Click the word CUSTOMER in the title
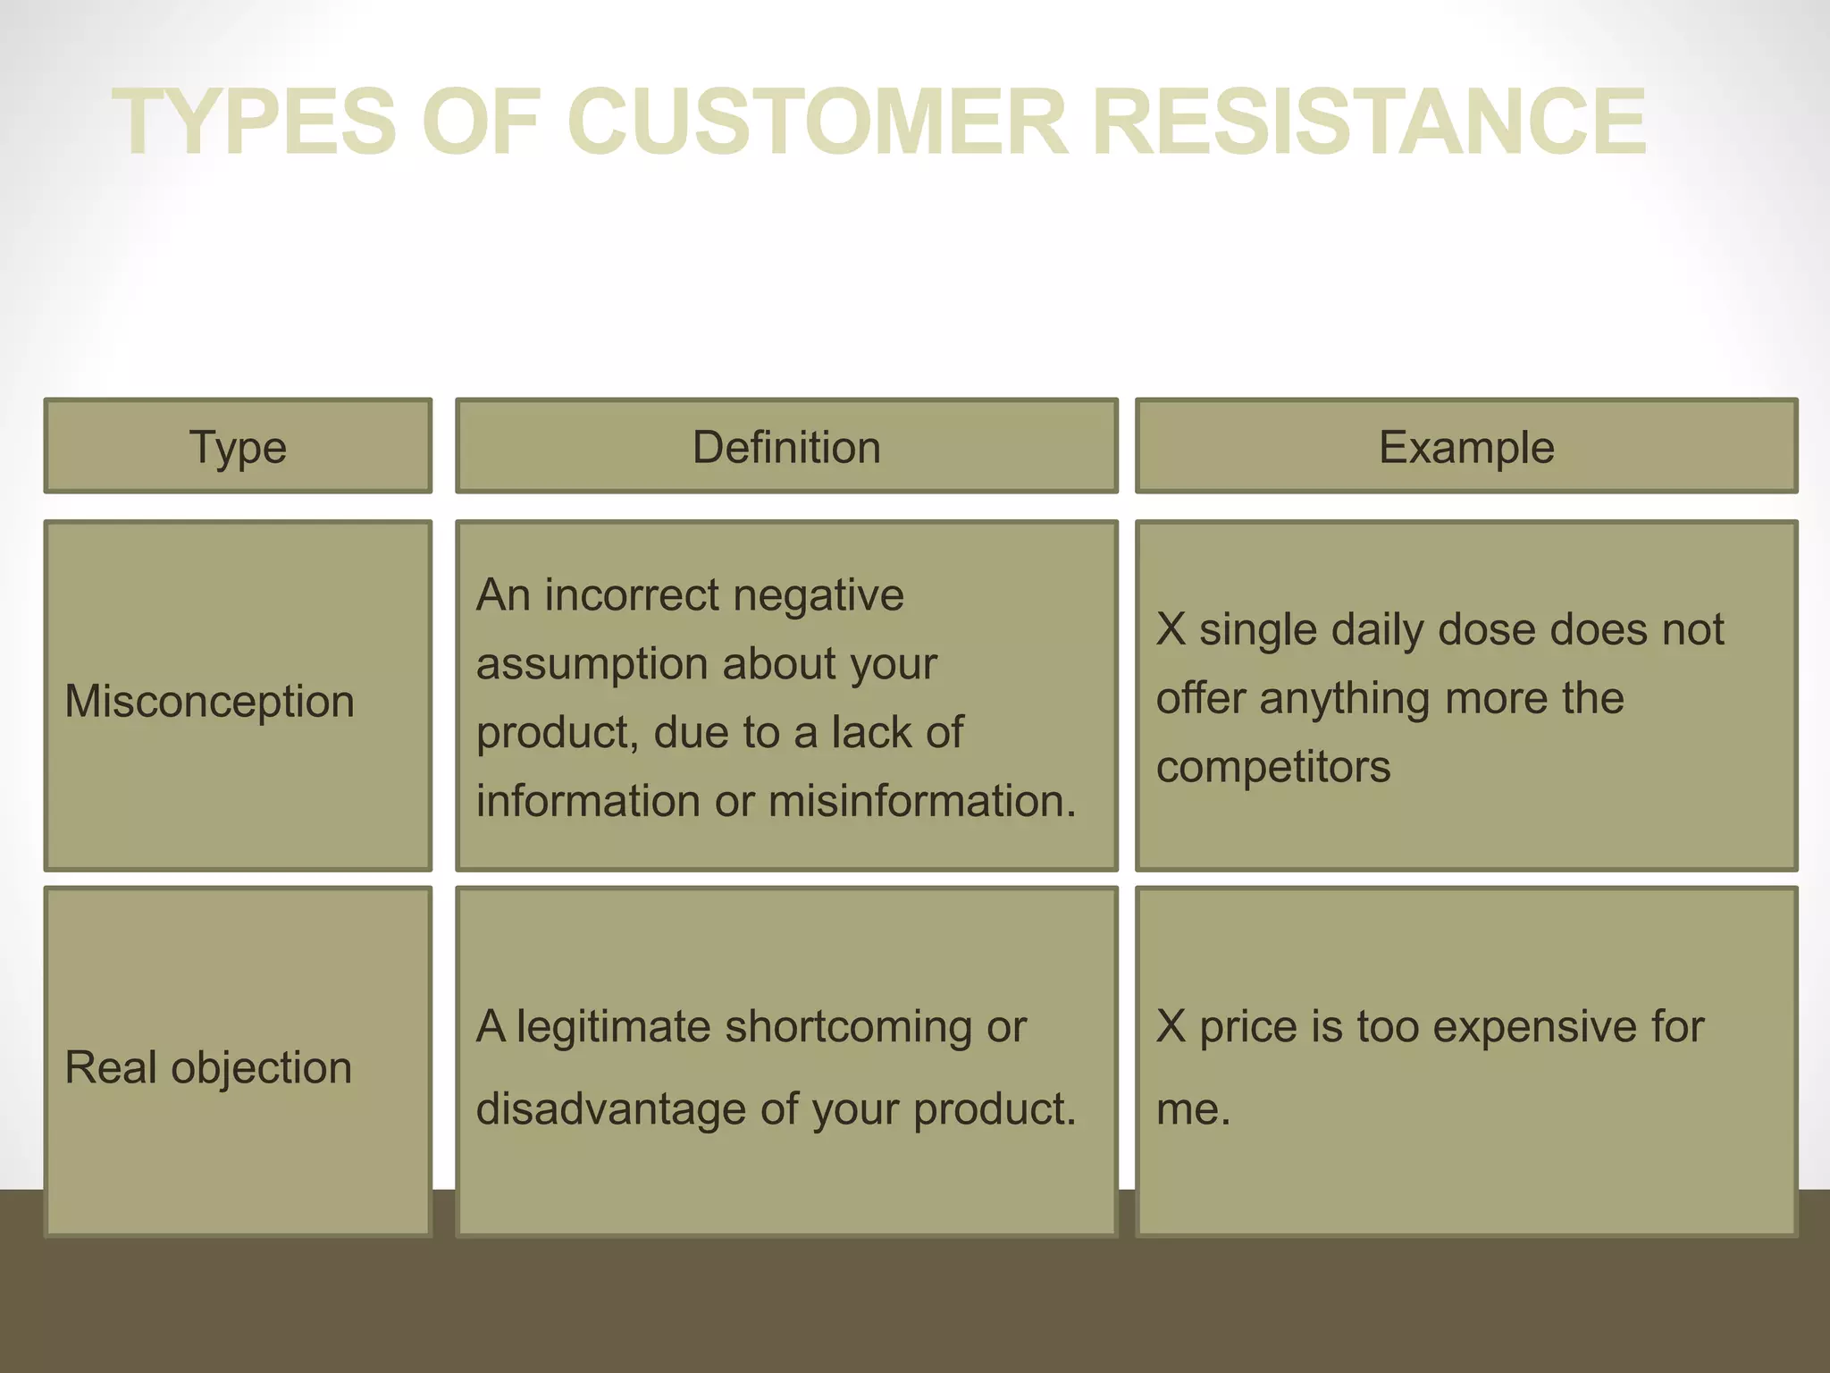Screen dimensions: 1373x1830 (817, 122)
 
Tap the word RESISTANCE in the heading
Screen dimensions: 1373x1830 (1368, 122)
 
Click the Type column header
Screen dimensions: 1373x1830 (238, 447)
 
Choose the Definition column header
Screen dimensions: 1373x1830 (786, 447)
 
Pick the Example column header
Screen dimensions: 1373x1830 (1466, 447)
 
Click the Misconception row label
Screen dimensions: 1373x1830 (210, 701)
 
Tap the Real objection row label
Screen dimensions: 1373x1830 (208, 1067)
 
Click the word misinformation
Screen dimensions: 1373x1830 (922, 801)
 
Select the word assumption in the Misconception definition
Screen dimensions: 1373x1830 (592, 664)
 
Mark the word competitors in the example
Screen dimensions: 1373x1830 (1273, 767)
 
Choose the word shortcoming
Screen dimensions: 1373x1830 (849, 1027)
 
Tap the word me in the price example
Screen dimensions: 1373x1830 (1187, 1109)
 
